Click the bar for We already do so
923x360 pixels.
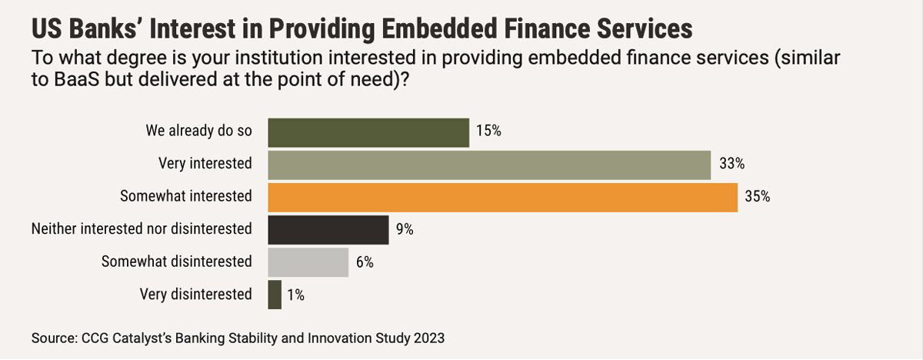pos(368,132)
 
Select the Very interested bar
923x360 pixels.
pos(488,165)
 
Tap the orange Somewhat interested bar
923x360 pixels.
pos(502,197)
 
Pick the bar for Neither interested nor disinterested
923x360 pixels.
pos(328,230)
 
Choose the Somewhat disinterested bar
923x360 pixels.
pos(308,262)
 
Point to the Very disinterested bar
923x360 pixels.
pos(275,295)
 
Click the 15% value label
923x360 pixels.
pos(489,132)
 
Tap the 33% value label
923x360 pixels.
pos(730,165)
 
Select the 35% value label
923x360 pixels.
pos(758,197)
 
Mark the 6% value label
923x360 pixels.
pos(365,262)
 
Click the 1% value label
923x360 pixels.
pos(296,295)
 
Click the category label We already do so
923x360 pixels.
pos(198,131)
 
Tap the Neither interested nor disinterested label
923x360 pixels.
pos(142,229)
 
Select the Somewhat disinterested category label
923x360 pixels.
pos(177,262)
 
